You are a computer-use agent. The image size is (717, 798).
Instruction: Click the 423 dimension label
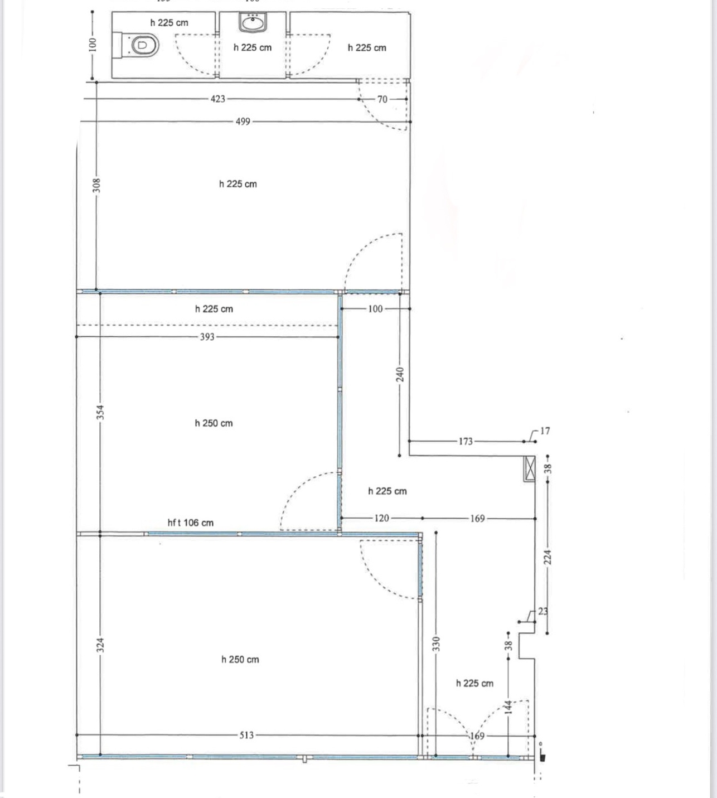tap(217, 99)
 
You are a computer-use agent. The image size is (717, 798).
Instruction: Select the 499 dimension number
tap(243, 122)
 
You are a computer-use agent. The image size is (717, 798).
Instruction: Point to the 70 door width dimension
tap(382, 99)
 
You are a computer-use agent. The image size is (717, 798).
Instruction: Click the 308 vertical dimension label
tap(96, 185)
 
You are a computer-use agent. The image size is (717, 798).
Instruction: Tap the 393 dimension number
tap(207, 337)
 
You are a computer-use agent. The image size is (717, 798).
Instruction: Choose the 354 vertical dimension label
tap(100, 412)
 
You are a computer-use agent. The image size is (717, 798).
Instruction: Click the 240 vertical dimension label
tap(400, 374)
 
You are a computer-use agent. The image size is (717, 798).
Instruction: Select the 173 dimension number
tap(466, 441)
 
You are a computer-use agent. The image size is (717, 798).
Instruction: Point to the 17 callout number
tap(545, 431)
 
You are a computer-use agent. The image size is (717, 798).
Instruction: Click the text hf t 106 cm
tap(191, 523)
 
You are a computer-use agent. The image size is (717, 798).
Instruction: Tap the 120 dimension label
tap(381, 518)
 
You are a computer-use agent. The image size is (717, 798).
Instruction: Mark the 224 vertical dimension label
tap(548, 557)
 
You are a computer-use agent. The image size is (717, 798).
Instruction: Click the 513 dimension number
tap(246, 735)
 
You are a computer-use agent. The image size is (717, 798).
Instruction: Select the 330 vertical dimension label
tap(436, 644)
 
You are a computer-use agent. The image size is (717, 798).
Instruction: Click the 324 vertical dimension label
tap(100, 645)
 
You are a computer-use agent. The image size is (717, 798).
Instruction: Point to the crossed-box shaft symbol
tap(530, 468)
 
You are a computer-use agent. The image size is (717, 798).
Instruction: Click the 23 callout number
tap(543, 611)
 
